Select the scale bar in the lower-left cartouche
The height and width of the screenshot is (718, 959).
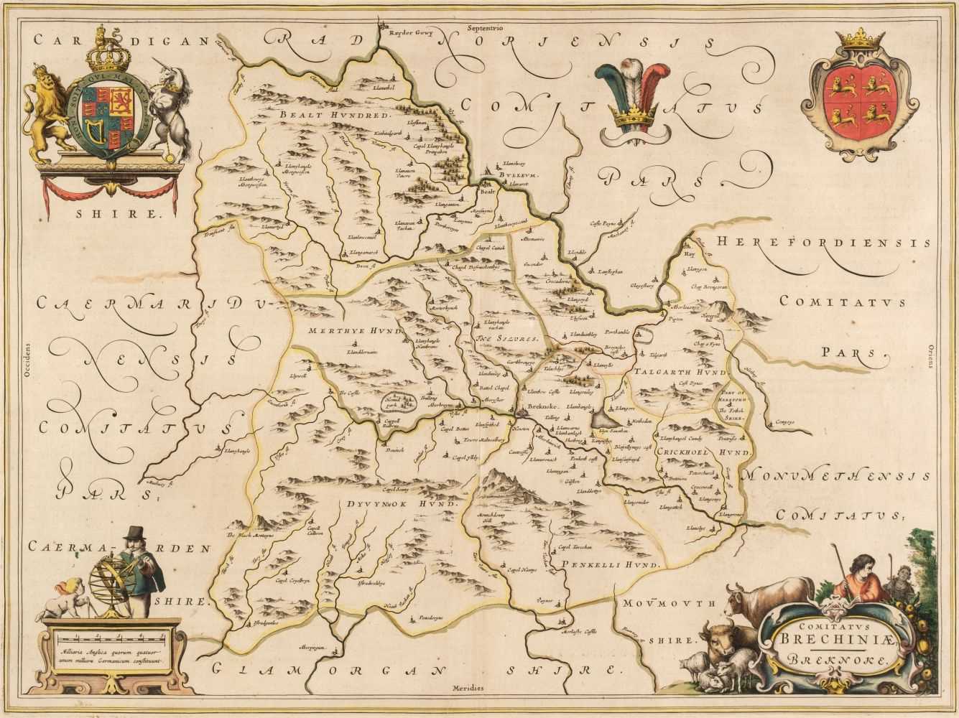(111, 640)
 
